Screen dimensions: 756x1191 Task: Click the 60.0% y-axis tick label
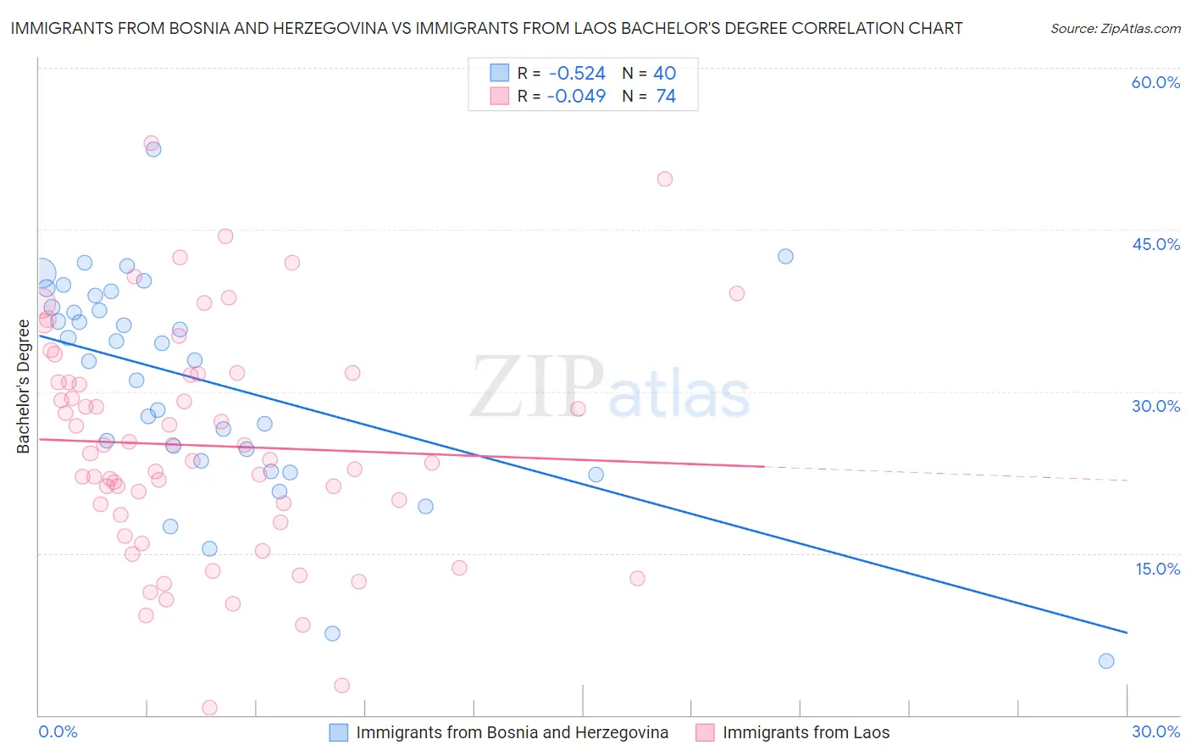(x=1155, y=82)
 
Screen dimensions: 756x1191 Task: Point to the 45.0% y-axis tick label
(x=1155, y=244)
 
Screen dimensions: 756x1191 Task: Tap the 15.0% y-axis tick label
(x=1157, y=568)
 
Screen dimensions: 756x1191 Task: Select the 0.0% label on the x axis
(x=58, y=731)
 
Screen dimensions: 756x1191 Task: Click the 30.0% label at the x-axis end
(x=1155, y=731)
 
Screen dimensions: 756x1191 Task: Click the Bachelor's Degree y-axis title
(x=23, y=386)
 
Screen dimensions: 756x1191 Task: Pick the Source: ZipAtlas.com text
(x=1115, y=29)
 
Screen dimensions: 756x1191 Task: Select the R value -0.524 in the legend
(x=576, y=74)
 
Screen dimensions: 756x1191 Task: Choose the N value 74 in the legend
(x=666, y=97)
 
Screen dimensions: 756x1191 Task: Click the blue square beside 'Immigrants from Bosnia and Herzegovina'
(x=339, y=732)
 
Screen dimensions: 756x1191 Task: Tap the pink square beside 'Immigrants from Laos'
(x=705, y=732)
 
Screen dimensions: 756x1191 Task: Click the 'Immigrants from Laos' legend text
(x=806, y=732)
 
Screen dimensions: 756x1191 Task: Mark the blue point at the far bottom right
(x=1105, y=661)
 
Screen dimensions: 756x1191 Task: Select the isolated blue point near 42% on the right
(x=785, y=256)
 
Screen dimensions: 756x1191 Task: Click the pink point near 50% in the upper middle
(x=665, y=179)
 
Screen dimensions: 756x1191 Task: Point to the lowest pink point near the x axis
(x=209, y=708)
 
